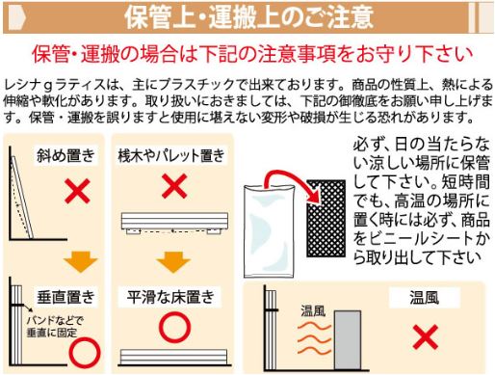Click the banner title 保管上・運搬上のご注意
coord(248,16)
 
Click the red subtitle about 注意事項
coord(252,54)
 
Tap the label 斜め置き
coord(65,155)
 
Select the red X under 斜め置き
coord(77,191)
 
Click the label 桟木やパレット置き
coord(171,156)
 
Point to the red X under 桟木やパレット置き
coord(174,186)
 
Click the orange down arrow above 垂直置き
coord(81,262)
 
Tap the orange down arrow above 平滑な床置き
coord(173,262)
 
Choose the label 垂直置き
coord(65,297)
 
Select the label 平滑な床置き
coord(170,297)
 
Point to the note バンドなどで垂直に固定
coord(55,326)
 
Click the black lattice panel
coord(326,219)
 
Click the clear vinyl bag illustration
coord(269,230)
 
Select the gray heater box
coord(348,340)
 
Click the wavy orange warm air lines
coord(314,338)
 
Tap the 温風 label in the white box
coord(424,297)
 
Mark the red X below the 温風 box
coord(426,336)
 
